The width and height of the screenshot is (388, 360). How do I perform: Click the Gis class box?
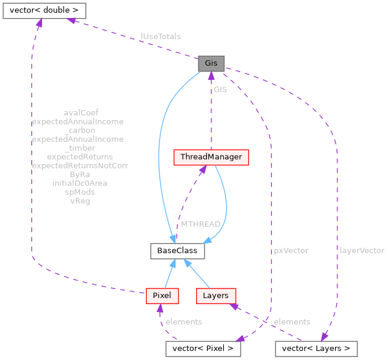[x=211, y=63]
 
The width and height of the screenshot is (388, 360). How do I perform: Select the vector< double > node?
[x=44, y=10]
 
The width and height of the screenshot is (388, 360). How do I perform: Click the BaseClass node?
[x=177, y=251]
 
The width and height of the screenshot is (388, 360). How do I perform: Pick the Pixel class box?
[x=162, y=296]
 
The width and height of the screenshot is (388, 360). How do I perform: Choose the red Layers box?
[x=215, y=296]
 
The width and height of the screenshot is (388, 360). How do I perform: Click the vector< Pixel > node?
[x=203, y=349]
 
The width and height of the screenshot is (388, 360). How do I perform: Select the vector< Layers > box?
[x=316, y=349]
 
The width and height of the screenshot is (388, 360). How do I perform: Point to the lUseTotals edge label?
[x=161, y=37]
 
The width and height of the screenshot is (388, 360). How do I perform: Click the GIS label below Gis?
[x=220, y=90]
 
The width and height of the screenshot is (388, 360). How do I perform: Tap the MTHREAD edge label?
[x=200, y=224]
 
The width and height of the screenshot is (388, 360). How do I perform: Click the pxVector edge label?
[x=291, y=251]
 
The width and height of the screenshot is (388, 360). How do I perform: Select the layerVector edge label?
[x=362, y=251]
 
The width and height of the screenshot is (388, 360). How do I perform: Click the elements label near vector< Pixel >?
[x=183, y=322]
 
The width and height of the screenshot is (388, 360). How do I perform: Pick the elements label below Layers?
[x=292, y=322]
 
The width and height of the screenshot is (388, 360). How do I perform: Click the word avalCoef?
[x=80, y=112]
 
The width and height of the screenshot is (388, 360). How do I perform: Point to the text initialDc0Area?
[x=80, y=183]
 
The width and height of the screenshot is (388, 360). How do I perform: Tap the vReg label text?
[x=80, y=201]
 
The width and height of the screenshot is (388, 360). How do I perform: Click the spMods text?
[x=80, y=192]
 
